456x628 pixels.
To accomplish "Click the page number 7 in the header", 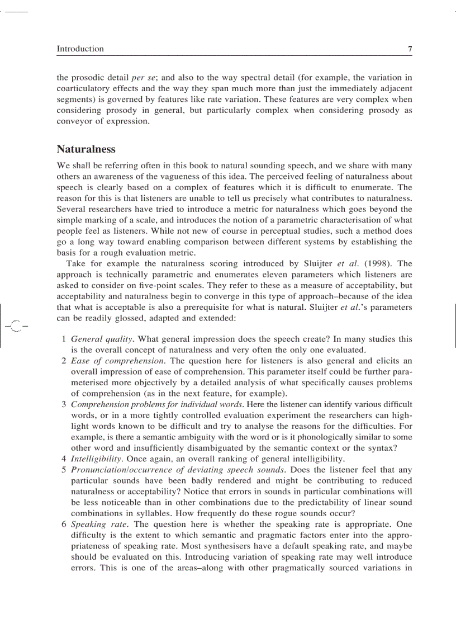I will click(x=410, y=49).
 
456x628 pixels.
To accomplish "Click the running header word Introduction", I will click(x=80, y=49).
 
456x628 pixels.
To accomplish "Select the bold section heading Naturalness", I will click(x=86, y=149).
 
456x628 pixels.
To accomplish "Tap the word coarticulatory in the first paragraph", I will click(x=83, y=88).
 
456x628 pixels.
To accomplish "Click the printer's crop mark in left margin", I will click(x=15, y=325).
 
